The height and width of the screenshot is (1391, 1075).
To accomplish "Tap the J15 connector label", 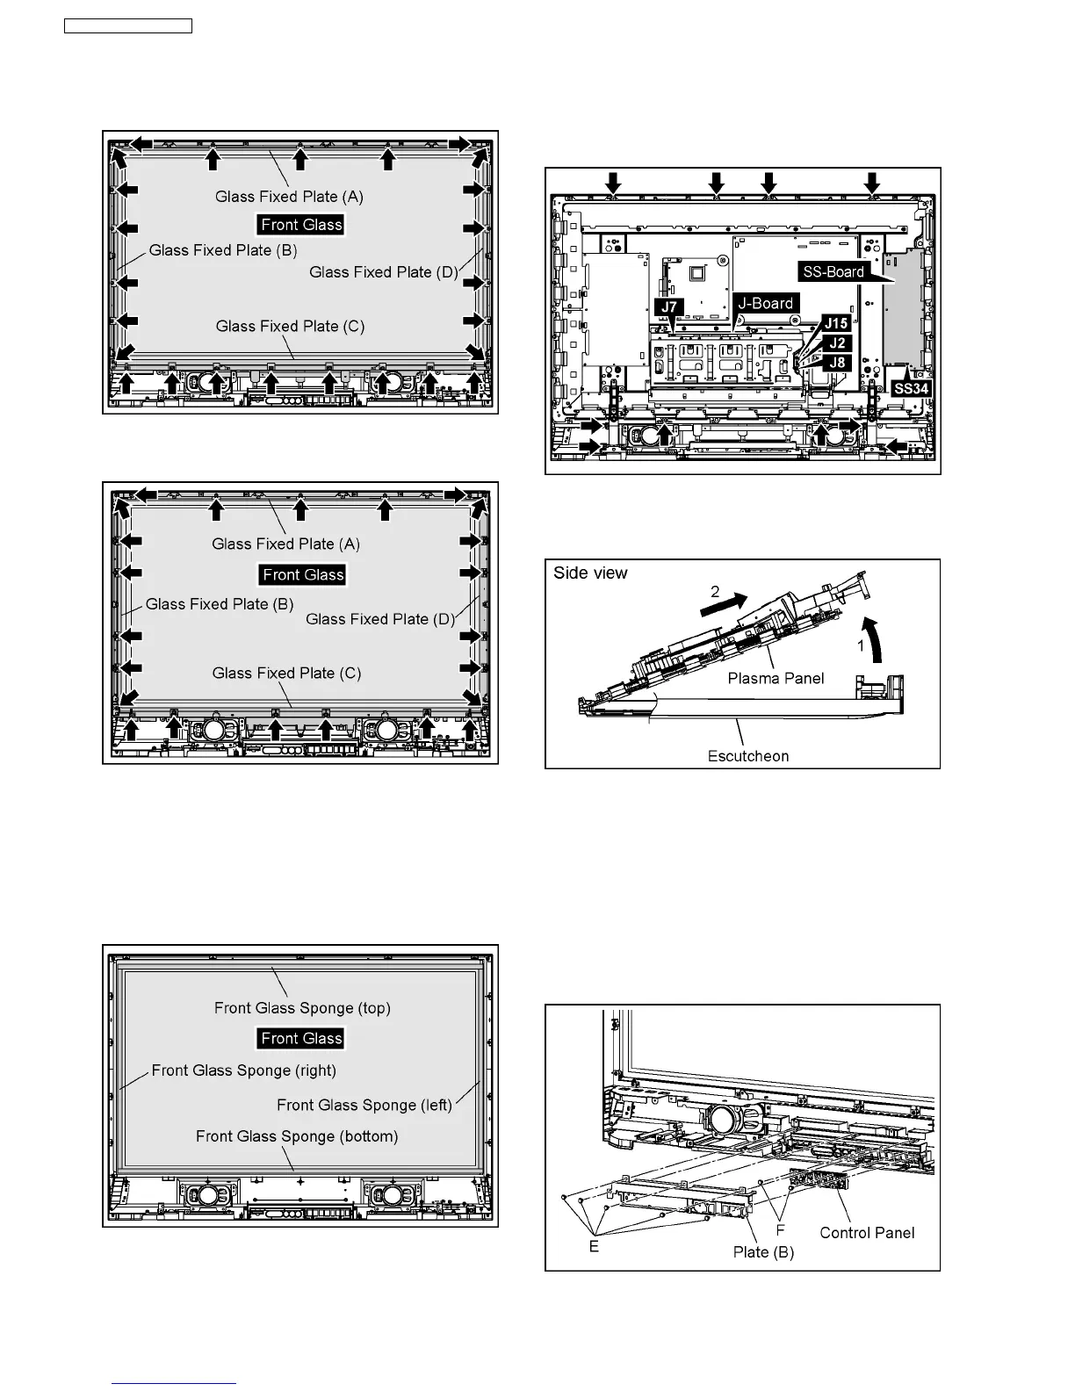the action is click(835, 324).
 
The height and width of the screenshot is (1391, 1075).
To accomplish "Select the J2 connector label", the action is click(837, 343).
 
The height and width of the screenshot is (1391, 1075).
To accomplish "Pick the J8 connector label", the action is click(837, 362).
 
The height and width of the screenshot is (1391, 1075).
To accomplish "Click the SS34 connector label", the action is click(911, 387).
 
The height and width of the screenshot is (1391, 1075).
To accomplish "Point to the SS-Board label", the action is click(833, 272).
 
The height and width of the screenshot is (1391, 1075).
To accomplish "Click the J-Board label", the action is click(766, 304).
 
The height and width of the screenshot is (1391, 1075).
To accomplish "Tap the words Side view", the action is click(590, 573).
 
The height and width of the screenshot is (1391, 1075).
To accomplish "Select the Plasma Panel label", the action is click(776, 678).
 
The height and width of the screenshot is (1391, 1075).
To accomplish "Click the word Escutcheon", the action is click(748, 756).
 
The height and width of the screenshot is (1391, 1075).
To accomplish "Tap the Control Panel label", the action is click(867, 1233).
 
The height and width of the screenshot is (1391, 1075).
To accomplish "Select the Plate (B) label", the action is click(763, 1252).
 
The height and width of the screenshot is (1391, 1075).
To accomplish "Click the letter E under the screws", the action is click(595, 1246).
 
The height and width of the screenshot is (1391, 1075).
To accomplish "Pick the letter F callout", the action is click(780, 1231).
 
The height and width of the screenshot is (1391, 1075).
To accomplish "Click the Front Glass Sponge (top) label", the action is click(302, 1008).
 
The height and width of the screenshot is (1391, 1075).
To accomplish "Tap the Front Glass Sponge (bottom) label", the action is click(297, 1136).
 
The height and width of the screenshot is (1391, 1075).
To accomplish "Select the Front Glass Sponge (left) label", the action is click(364, 1105).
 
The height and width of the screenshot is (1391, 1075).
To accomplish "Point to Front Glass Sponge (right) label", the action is click(244, 1070).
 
